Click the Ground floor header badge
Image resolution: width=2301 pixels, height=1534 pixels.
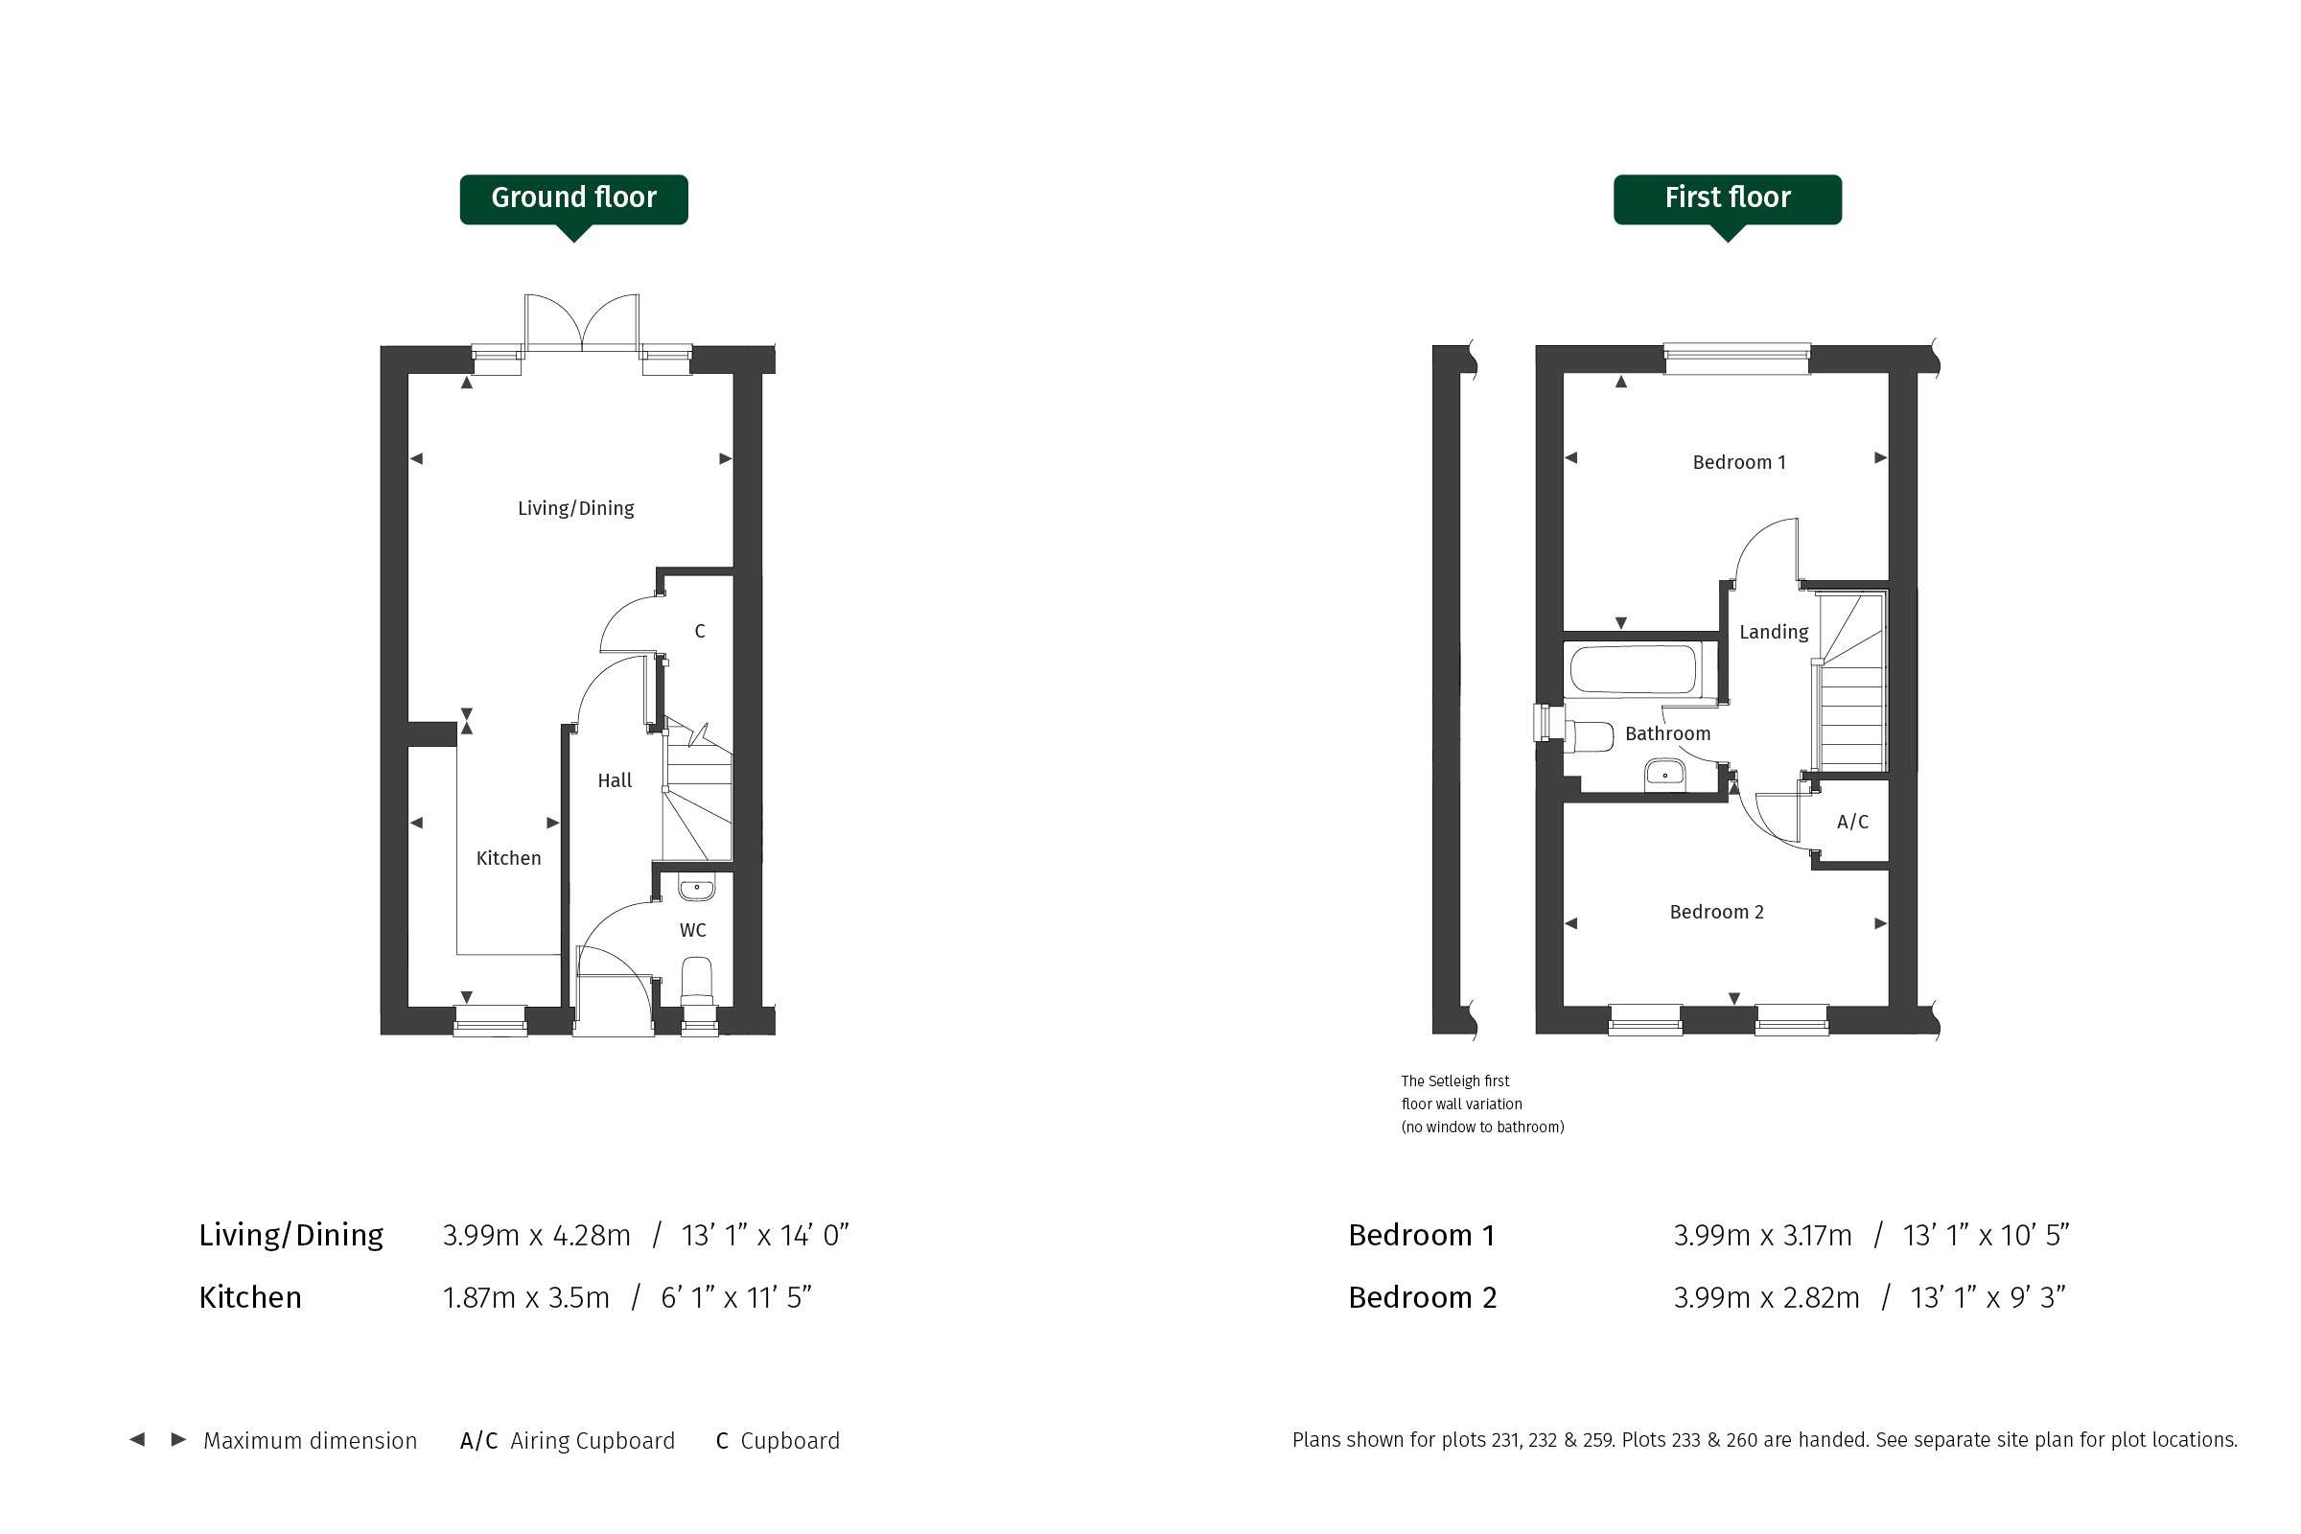click(573, 199)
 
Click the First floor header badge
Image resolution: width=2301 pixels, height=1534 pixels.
click(1727, 199)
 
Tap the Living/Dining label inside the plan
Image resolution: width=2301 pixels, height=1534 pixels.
click(575, 508)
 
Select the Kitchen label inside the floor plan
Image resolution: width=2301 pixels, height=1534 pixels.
click(508, 858)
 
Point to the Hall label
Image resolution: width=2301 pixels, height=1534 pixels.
click(615, 780)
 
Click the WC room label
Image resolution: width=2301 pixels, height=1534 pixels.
click(692, 930)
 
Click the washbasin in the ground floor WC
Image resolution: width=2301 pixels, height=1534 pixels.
click(697, 889)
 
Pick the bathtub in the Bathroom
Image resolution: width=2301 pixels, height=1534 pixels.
click(1633, 669)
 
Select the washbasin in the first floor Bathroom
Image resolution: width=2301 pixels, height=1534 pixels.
click(1664, 774)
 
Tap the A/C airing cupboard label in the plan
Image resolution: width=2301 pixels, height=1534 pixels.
click(1852, 822)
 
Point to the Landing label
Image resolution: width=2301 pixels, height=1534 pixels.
click(1774, 632)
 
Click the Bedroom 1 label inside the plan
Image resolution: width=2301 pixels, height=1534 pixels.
click(1738, 462)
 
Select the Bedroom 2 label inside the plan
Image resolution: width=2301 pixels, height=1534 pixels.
click(1716, 912)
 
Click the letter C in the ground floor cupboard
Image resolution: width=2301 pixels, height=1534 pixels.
click(700, 631)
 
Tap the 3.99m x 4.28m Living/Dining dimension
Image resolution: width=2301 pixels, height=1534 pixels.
click(536, 1236)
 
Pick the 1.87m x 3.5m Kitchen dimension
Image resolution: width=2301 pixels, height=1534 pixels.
click(525, 1298)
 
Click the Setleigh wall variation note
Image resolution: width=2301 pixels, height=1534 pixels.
click(1482, 1104)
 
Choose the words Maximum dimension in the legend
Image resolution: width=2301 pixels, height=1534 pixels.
click(310, 1441)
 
